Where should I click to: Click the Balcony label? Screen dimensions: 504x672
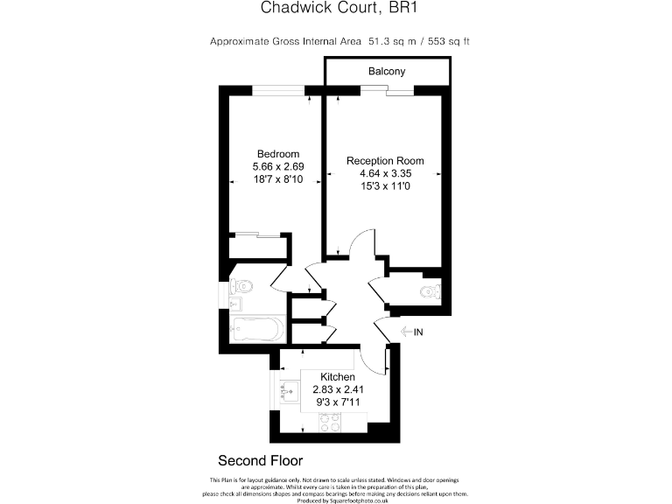tap(387, 71)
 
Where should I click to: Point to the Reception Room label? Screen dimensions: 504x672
tap(385, 161)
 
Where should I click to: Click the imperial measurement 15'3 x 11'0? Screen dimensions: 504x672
tap(385, 186)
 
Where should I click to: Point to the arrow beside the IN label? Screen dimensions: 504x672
tap(404, 332)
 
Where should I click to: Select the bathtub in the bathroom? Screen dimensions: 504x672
tap(255, 331)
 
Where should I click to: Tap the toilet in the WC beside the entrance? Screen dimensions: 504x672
tap(430, 291)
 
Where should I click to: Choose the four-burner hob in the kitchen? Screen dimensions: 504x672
tap(329, 423)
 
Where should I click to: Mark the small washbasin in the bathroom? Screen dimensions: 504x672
tap(234, 304)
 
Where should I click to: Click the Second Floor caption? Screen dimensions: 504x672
tap(260, 460)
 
